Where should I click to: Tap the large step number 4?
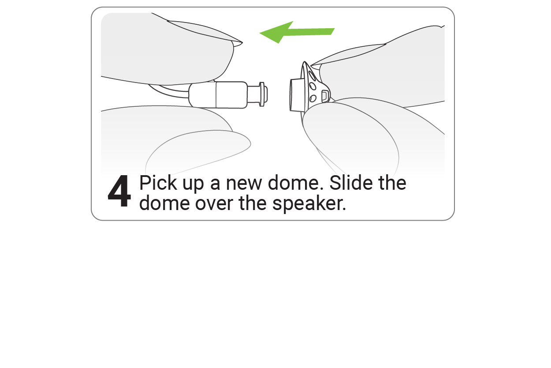coord(119,192)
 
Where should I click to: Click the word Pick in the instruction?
coord(156,183)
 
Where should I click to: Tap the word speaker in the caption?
coord(309,204)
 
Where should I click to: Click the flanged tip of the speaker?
coord(264,94)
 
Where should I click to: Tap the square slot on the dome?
coord(324,95)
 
